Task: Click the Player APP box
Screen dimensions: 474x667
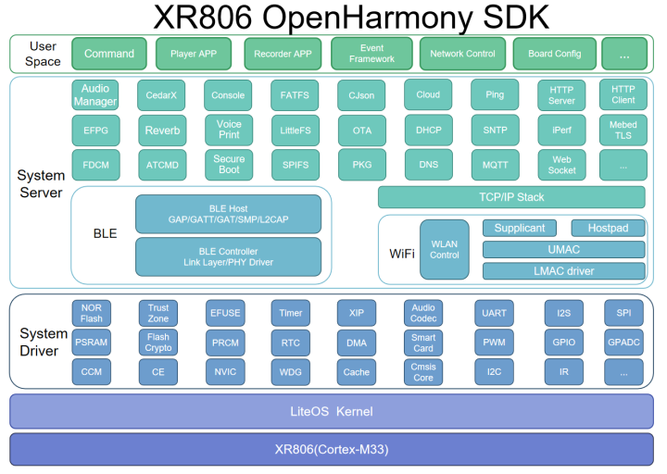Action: tap(194, 54)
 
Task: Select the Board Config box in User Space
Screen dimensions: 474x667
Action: tap(554, 54)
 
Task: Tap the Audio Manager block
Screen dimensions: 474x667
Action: tap(95, 95)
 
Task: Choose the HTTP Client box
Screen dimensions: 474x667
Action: tap(623, 94)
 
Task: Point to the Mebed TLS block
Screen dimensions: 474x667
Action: tap(623, 131)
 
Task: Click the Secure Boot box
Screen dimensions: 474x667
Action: tap(229, 165)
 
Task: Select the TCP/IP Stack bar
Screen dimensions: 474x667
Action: tap(510, 197)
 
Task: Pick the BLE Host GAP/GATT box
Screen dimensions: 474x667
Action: tap(228, 215)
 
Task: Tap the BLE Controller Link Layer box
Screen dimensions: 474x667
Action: tap(228, 256)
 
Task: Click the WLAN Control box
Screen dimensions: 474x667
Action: tap(444, 249)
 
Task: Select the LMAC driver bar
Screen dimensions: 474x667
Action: tap(563, 271)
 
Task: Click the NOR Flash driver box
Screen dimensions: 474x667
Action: tap(92, 313)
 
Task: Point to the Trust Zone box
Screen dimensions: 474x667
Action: tap(158, 313)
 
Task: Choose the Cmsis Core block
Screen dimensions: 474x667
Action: tap(423, 372)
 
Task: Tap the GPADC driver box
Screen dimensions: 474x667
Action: tap(623, 343)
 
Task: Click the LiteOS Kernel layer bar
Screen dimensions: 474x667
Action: tap(332, 410)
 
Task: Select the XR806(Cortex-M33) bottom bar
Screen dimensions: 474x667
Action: tap(332, 449)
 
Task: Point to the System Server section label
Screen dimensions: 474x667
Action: tap(40, 183)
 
